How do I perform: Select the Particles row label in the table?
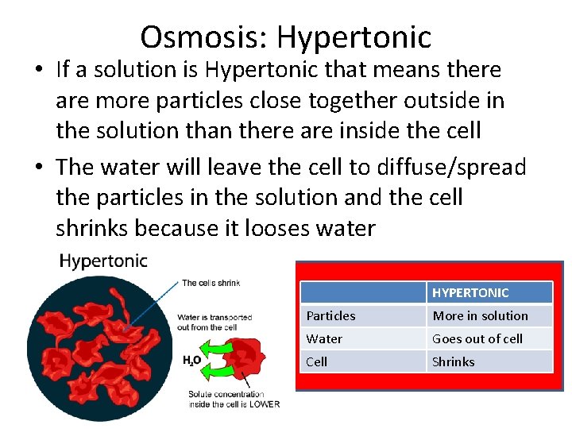(331, 315)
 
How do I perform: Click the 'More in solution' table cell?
(480, 315)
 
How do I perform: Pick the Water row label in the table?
(324, 338)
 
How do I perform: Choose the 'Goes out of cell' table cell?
(477, 338)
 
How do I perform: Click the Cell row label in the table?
(316, 361)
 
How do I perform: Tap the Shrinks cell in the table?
(453, 361)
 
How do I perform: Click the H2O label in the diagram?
(191, 360)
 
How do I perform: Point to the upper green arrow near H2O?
(214, 348)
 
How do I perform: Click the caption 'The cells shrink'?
(211, 283)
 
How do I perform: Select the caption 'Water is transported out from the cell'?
(214, 322)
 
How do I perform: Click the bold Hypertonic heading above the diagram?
(103, 261)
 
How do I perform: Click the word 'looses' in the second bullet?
(280, 229)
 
